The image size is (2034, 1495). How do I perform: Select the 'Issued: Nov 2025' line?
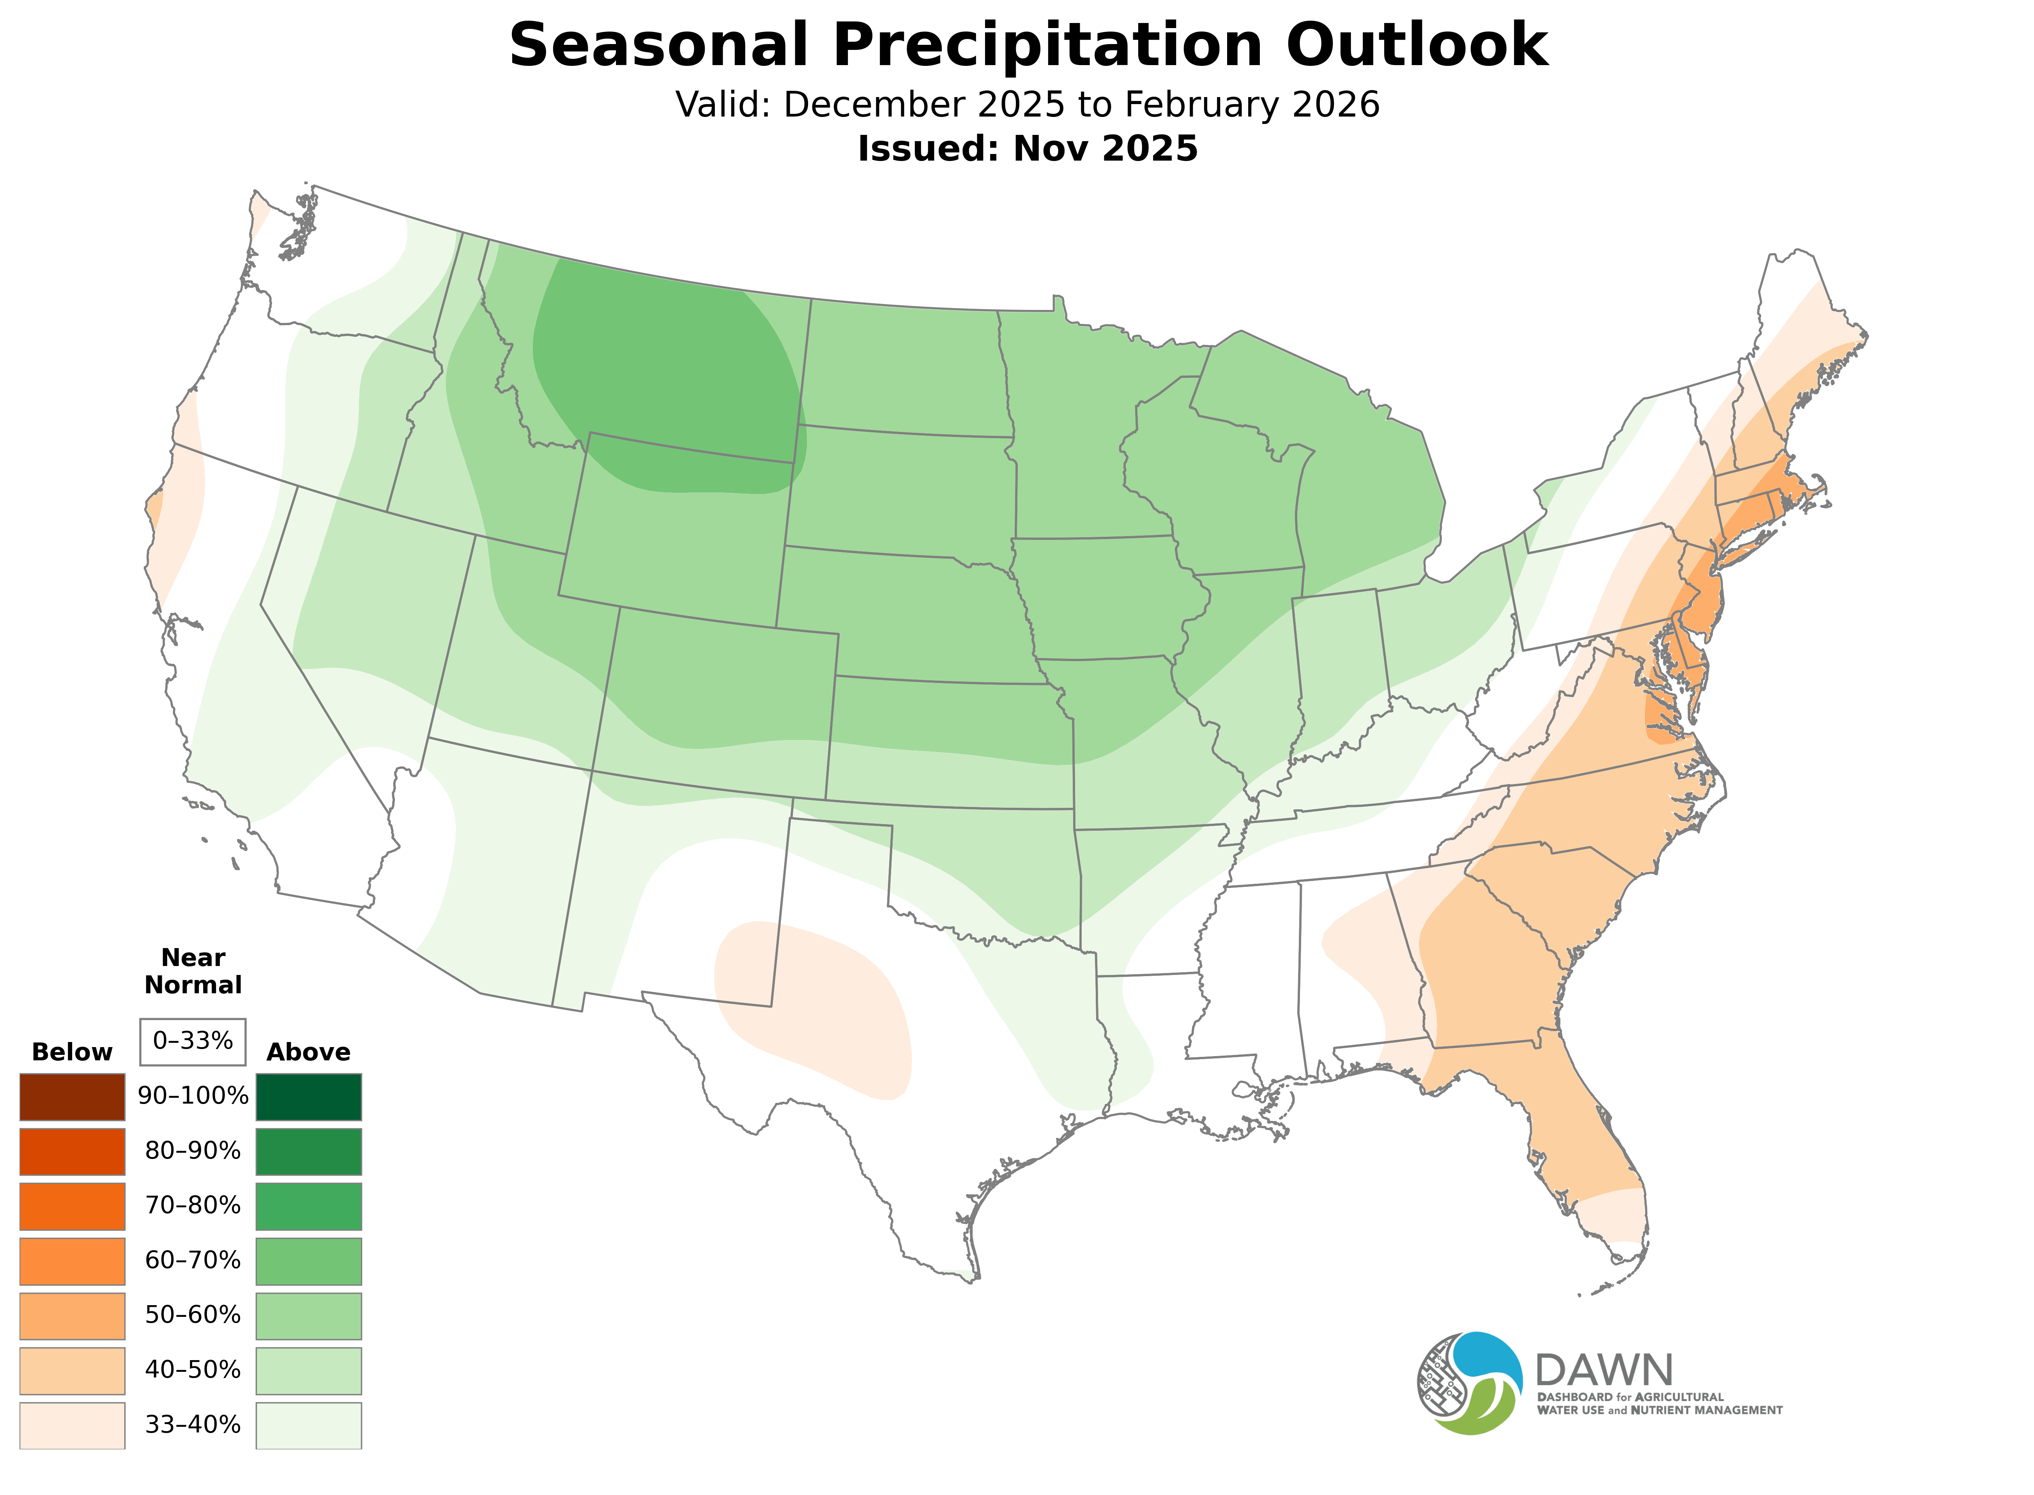point(1027,149)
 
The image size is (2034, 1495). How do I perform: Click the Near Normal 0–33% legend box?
point(193,1041)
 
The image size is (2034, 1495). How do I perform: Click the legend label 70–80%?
point(193,1205)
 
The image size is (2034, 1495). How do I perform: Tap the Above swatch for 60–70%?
point(309,1261)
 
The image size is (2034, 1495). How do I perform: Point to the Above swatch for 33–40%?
point(309,1424)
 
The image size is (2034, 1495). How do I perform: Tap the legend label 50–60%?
point(193,1315)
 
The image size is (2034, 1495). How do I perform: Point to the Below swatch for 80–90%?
point(73,1151)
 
